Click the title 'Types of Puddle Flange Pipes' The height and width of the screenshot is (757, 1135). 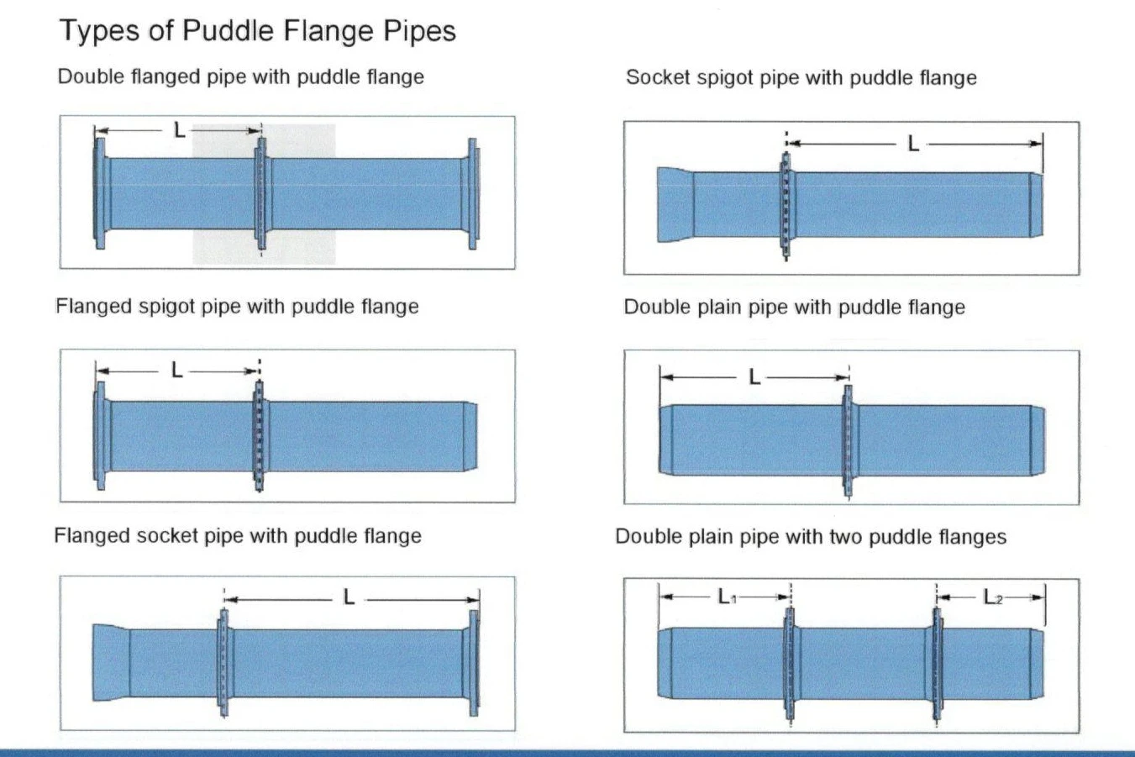[x=258, y=31]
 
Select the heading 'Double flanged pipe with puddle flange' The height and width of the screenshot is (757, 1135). [x=240, y=77]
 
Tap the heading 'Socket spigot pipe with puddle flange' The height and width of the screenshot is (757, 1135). [x=801, y=78]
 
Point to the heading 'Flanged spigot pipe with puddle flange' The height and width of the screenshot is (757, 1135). [x=237, y=307]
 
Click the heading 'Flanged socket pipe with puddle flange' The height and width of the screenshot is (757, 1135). [x=238, y=536]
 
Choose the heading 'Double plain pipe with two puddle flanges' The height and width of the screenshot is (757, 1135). [x=811, y=537]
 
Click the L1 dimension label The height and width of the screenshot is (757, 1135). [x=727, y=597]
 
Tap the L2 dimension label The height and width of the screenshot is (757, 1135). [x=993, y=597]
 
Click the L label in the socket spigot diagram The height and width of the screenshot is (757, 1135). [x=913, y=144]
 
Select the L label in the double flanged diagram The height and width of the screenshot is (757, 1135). [x=180, y=130]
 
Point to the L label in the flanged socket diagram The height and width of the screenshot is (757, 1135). [x=349, y=598]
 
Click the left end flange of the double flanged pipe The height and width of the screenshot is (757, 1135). [x=100, y=193]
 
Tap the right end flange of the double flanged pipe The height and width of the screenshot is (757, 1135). [x=473, y=194]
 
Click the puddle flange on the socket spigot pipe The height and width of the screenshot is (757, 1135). [x=786, y=205]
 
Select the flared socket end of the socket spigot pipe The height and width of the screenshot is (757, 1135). [x=675, y=205]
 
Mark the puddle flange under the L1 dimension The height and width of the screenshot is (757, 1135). [x=790, y=663]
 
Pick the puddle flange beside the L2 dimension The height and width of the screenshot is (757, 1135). [x=938, y=663]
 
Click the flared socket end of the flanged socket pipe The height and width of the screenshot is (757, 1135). [x=111, y=663]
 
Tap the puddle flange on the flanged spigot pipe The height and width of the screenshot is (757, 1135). [x=260, y=436]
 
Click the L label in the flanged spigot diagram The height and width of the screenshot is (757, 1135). [x=176, y=371]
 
